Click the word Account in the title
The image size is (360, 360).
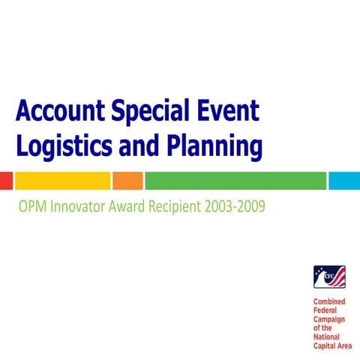pos(59,112)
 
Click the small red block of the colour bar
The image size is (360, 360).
pos(6,181)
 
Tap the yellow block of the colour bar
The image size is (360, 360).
pos(62,181)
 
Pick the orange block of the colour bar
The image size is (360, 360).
pos(127,181)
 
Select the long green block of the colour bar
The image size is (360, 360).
pos(235,181)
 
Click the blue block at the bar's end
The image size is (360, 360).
pos(344,181)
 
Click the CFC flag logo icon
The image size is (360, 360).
pos(329,278)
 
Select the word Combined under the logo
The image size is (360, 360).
pos(329,301)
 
